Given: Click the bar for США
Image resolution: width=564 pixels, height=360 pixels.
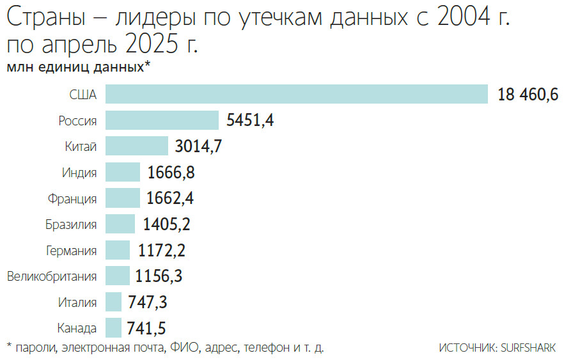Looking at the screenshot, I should pos(297,94).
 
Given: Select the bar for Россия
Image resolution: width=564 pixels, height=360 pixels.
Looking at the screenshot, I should pos(162,120).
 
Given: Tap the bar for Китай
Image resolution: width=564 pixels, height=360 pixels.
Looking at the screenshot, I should pos(136,146).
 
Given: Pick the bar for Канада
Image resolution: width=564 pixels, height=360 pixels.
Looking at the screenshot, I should pos(113,328).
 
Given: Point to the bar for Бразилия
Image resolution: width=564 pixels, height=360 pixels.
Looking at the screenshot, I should pos(120,224).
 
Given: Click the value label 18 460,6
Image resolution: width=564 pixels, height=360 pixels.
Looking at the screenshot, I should pos(528,95).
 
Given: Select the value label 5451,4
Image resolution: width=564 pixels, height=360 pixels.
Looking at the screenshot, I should pos(250,120).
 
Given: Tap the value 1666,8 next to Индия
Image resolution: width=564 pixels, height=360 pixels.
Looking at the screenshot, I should pos(171,172).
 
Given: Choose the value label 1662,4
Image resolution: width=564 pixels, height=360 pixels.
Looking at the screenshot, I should pos(169,198).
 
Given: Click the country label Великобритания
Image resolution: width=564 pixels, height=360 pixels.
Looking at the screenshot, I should pos(52,277).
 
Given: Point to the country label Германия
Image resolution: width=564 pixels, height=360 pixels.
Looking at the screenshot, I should pos(72,251).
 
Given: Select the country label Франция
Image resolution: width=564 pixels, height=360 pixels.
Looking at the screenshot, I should pos(72,199).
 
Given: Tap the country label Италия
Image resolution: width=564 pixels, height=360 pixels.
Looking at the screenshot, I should pos(77,302).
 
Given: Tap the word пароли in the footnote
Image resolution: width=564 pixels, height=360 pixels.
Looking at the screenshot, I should pos(35,348).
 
